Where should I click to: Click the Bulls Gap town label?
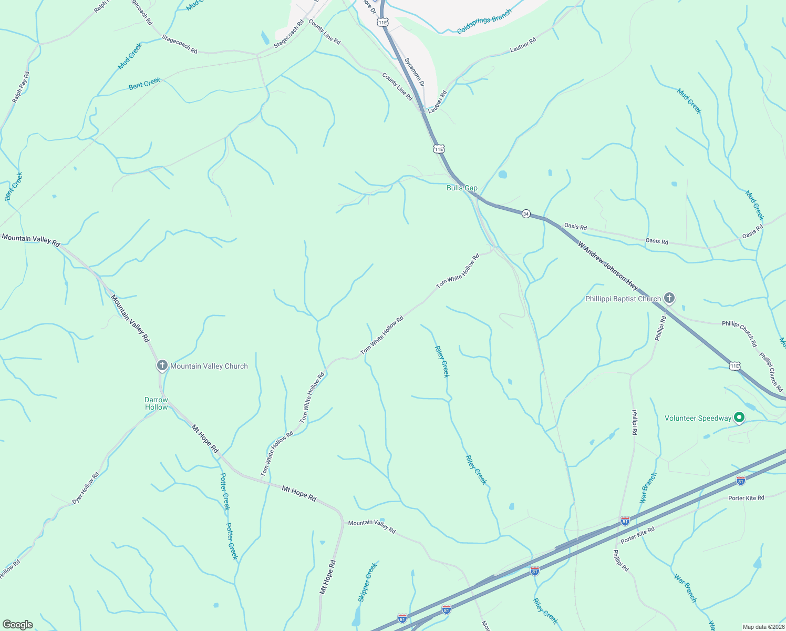click(462, 188)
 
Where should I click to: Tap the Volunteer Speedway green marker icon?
click(739, 418)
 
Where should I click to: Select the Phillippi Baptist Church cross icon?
click(669, 298)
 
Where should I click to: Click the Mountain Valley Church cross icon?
click(162, 365)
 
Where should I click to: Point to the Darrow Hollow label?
click(157, 404)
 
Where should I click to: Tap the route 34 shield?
click(526, 214)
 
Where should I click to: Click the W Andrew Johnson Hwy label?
click(608, 266)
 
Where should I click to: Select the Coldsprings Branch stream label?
click(484, 22)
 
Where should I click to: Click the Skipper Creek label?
click(367, 582)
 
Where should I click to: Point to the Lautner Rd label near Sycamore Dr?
click(437, 102)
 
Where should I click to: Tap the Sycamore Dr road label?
click(415, 72)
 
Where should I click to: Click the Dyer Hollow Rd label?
click(86, 488)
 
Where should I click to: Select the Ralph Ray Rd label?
click(20, 87)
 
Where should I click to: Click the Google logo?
click(17, 625)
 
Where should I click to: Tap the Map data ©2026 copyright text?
click(763, 627)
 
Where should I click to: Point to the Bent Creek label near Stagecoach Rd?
click(144, 84)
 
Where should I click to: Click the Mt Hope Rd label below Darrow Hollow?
click(204, 439)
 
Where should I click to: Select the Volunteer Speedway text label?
click(698, 419)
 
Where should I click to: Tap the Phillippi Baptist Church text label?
click(623, 299)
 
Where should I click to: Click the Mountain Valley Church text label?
click(209, 366)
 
